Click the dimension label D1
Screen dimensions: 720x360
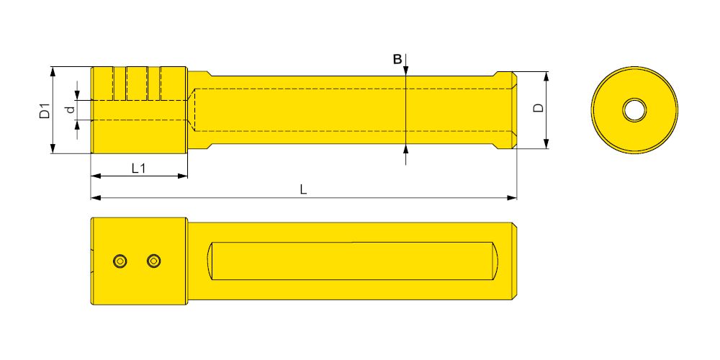pos(45,111)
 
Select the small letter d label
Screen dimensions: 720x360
pos(70,109)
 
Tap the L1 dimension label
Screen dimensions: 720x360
pos(138,168)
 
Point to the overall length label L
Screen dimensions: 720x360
pos(304,189)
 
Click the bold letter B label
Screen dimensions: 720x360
pos(397,59)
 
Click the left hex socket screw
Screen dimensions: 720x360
pos(120,261)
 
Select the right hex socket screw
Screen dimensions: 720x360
pos(154,261)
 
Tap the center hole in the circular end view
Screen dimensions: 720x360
pos(634,110)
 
